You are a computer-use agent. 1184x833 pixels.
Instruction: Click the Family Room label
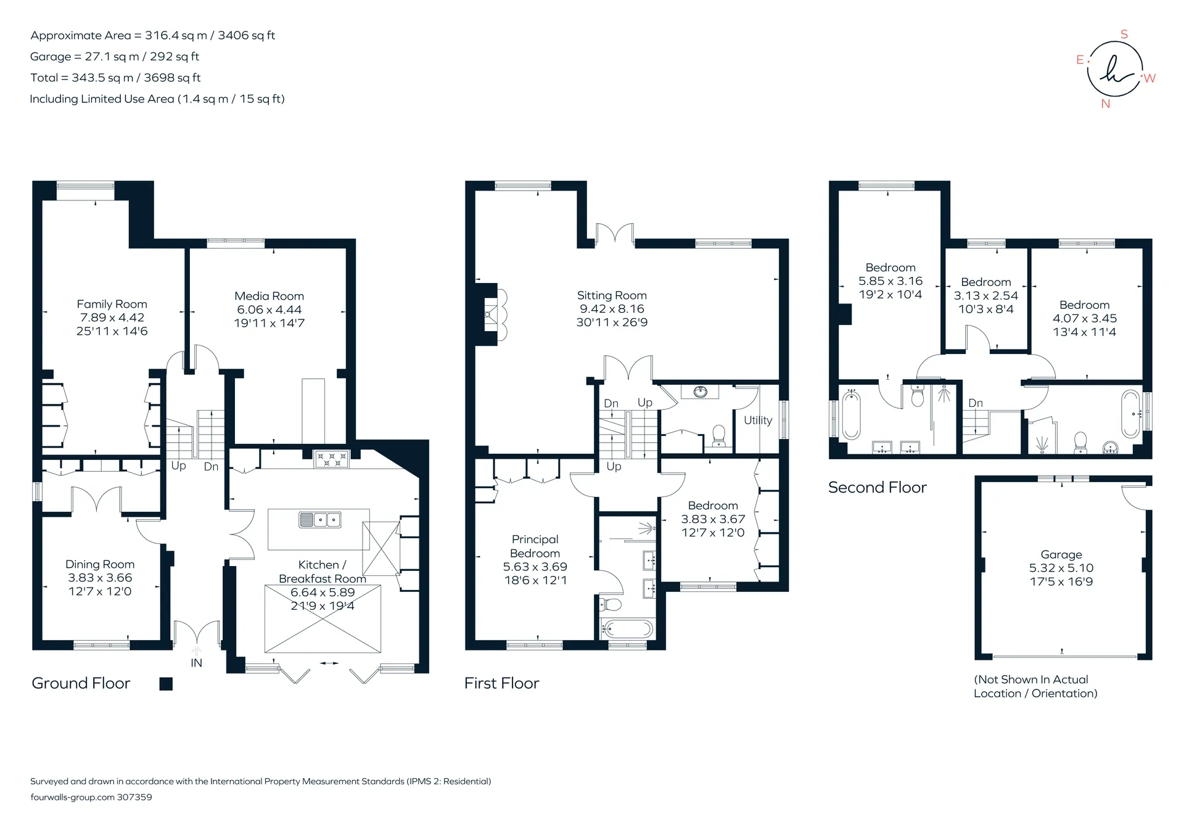[x=112, y=304]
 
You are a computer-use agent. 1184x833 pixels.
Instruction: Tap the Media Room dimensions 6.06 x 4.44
[x=269, y=310]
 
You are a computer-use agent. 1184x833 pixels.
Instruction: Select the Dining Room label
[x=100, y=564]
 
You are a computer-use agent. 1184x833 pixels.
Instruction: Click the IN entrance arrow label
[x=196, y=663]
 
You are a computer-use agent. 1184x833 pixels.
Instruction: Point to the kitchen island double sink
[x=319, y=520]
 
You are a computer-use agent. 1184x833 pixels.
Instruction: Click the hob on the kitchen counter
[x=332, y=459]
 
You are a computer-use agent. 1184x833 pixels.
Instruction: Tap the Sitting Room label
[x=612, y=295]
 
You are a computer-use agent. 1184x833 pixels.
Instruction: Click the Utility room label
[x=758, y=421]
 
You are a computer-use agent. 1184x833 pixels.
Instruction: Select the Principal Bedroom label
[x=535, y=546]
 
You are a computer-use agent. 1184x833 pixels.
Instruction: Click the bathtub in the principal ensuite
[x=628, y=630]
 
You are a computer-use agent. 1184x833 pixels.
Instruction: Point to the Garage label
[x=1061, y=554]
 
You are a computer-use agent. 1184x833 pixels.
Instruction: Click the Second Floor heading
[x=878, y=488]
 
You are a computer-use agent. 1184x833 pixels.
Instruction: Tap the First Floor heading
[x=502, y=683]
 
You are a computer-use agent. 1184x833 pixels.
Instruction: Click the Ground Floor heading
[x=81, y=683]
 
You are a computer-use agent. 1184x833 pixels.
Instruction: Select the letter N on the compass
[x=1106, y=104]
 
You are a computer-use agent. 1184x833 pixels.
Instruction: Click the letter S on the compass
[x=1124, y=35]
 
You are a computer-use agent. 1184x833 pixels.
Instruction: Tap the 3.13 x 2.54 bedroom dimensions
[x=986, y=295]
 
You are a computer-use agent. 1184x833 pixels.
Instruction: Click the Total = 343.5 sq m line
[x=115, y=78]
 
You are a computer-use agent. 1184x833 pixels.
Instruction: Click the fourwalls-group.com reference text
[x=91, y=797]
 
